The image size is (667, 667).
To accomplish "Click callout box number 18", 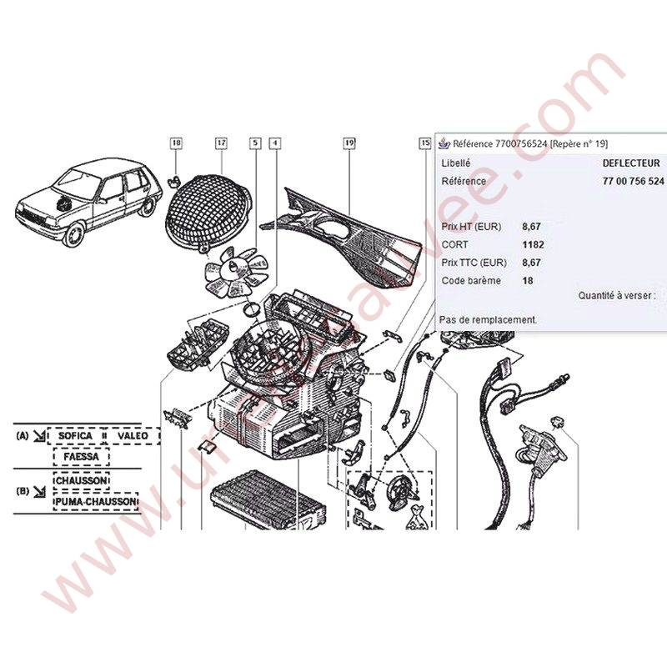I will click(176, 143).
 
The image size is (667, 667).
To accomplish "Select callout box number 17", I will click(221, 143).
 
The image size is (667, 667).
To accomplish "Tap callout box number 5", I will click(254, 143).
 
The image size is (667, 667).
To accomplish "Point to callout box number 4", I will click(274, 143).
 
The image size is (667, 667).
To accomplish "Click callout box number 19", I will click(349, 143).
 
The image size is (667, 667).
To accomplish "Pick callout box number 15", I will click(425, 143).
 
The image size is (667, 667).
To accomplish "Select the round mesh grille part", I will click(211, 212).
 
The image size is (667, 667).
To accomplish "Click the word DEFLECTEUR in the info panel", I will click(630, 164).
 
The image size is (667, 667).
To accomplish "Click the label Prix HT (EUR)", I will click(472, 226).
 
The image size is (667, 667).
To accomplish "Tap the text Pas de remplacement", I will click(489, 319).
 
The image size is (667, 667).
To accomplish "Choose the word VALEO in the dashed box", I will click(132, 435).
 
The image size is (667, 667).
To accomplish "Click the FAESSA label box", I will click(81, 457).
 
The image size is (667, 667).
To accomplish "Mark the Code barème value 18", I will click(528, 281).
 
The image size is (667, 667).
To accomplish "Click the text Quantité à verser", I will click(616, 295).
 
